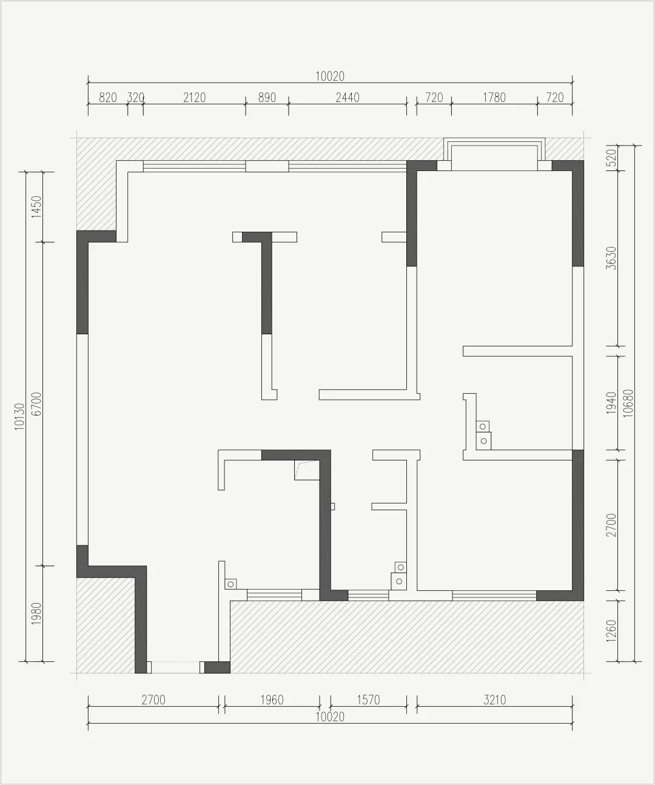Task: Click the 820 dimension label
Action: pyautogui.click(x=108, y=98)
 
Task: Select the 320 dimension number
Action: pyautogui.click(x=135, y=98)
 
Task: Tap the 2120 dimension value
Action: pyautogui.click(x=194, y=98)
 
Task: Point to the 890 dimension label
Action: pyautogui.click(x=267, y=98)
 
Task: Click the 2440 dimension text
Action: pyautogui.click(x=348, y=98)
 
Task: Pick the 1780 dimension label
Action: pyautogui.click(x=494, y=98)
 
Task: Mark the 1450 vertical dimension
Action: pyautogui.click(x=36, y=207)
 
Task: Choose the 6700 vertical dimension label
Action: pyautogui.click(x=36, y=404)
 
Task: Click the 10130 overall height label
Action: pyautogui.click(x=19, y=417)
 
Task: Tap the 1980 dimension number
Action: pyautogui.click(x=36, y=613)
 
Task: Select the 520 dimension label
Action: pyautogui.click(x=611, y=158)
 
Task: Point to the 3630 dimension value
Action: pyautogui.click(x=611, y=258)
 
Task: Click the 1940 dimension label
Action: pyautogui.click(x=611, y=403)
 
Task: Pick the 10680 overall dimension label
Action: pyautogui.click(x=628, y=403)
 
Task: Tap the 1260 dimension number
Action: pyautogui.click(x=611, y=631)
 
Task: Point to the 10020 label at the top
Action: pyautogui.click(x=330, y=76)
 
